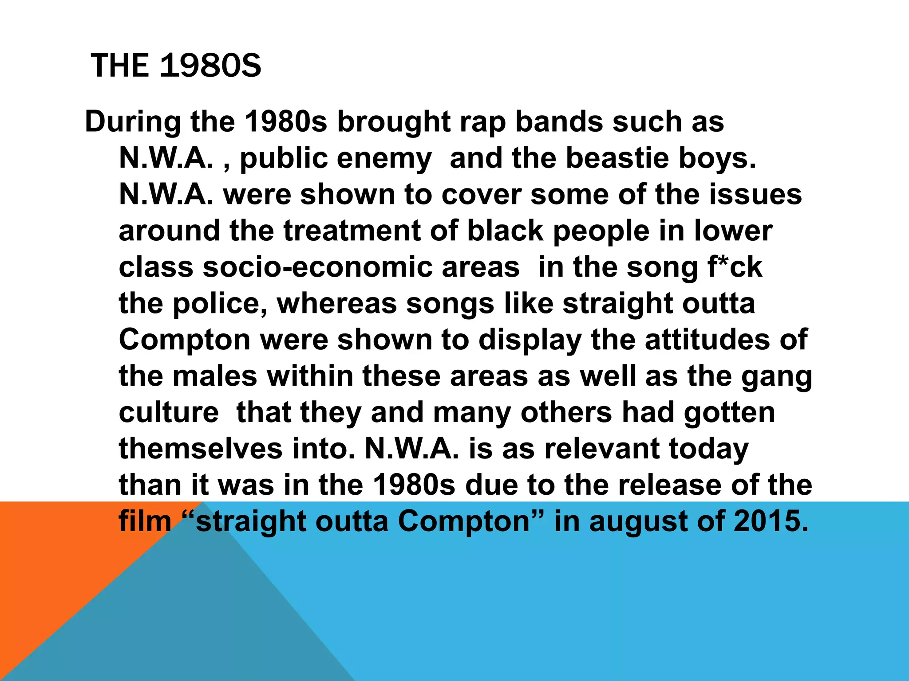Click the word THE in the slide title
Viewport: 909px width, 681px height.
pos(119,66)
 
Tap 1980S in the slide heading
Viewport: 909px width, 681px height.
pos(210,66)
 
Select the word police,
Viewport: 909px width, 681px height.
pos(220,304)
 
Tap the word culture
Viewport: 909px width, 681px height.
pos(169,413)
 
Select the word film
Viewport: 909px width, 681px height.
pos(145,521)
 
